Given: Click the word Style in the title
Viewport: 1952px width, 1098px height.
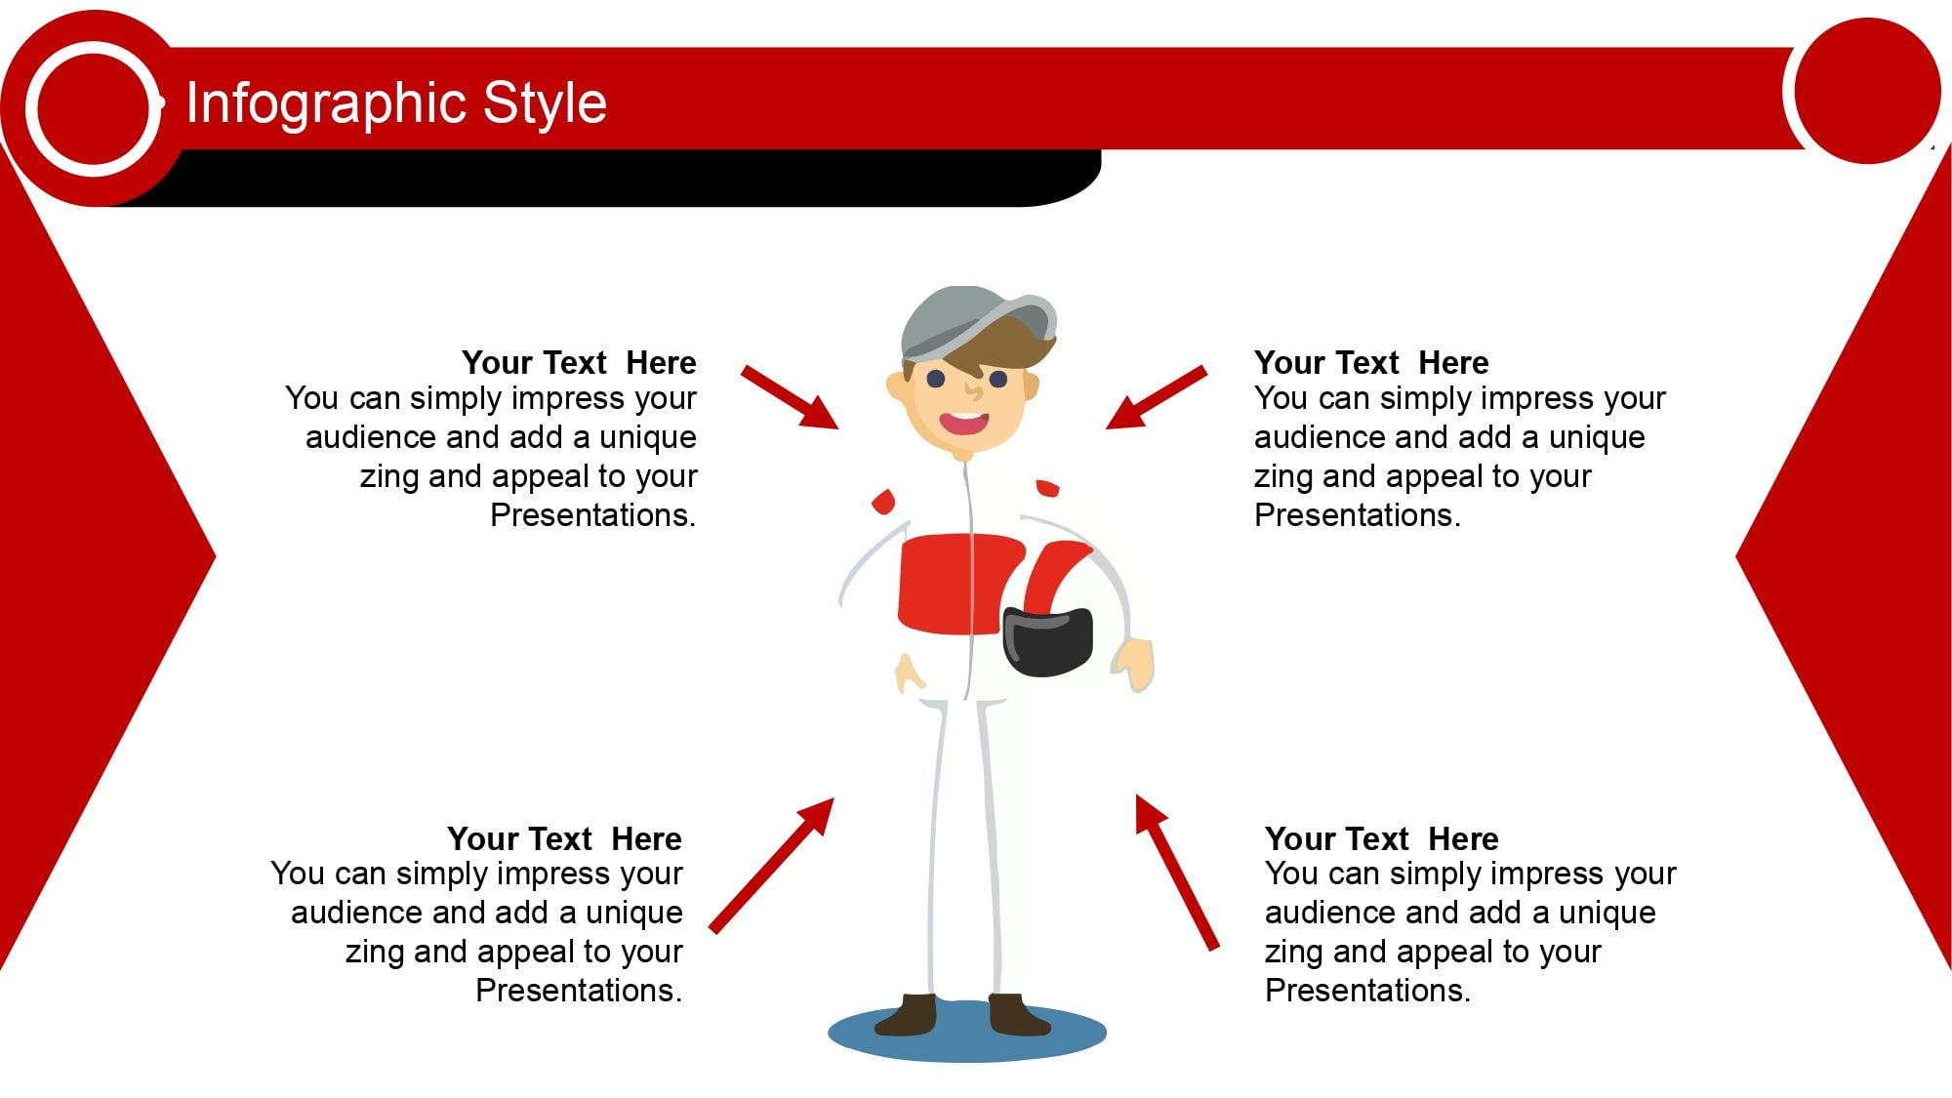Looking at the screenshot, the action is click(x=545, y=103).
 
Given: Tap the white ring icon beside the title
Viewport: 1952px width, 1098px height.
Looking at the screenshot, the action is click(x=94, y=108).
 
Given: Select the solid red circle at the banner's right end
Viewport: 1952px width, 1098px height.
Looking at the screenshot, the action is click(x=1867, y=91).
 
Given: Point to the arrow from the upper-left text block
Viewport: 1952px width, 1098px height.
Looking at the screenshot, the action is click(x=790, y=397).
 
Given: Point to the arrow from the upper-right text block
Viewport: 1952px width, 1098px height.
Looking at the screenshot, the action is click(x=1157, y=397).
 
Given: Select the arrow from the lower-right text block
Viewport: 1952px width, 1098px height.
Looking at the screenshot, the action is click(x=1177, y=872).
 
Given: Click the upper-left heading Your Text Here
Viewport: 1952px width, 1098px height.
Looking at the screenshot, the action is click(x=579, y=362).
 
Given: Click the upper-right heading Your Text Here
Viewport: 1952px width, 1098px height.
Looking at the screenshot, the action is click(x=1371, y=362).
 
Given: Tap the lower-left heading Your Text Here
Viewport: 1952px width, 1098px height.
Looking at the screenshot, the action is click(x=564, y=838).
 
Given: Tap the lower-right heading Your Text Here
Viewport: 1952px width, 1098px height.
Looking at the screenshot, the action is click(x=1381, y=838).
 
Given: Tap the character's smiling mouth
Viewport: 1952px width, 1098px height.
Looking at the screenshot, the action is click(x=964, y=423).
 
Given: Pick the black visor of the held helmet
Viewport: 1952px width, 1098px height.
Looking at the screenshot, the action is click(x=1047, y=641).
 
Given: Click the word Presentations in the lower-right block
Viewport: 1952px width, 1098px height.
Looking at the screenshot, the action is click(x=1366, y=991).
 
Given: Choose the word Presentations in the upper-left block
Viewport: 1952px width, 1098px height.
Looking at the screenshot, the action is click(x=592, y=514).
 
